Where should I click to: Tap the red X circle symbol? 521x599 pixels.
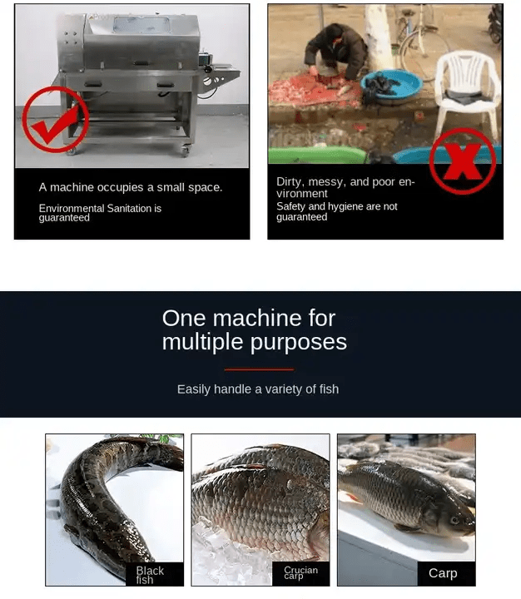[463, 161]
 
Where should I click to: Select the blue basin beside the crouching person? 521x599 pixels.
[391, 84]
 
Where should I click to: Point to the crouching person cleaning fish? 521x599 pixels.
[335, 52]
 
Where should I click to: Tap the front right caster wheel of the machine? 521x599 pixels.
[185, 150]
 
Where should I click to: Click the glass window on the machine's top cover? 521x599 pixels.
[141, 25]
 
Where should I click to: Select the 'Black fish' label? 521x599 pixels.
[150, 575]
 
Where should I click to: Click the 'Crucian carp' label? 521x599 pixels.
[300, 572]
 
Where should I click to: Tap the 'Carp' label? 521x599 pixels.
[443, 573]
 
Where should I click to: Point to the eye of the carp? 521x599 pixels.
[454, 520]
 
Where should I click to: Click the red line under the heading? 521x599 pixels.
[259, 369]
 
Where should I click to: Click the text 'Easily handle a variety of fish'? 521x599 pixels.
[258, 389]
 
